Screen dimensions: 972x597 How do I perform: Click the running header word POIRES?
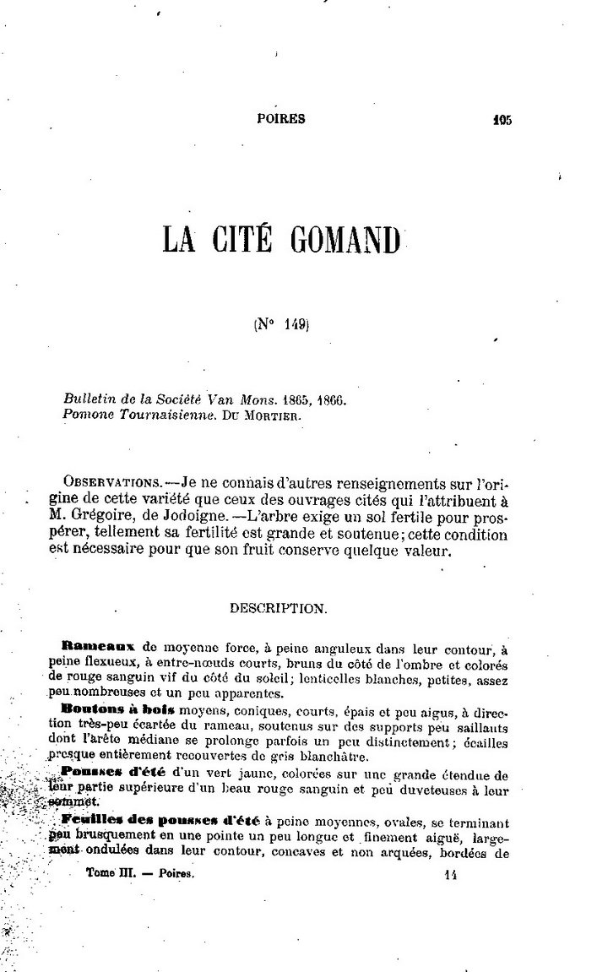[281, 119]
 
